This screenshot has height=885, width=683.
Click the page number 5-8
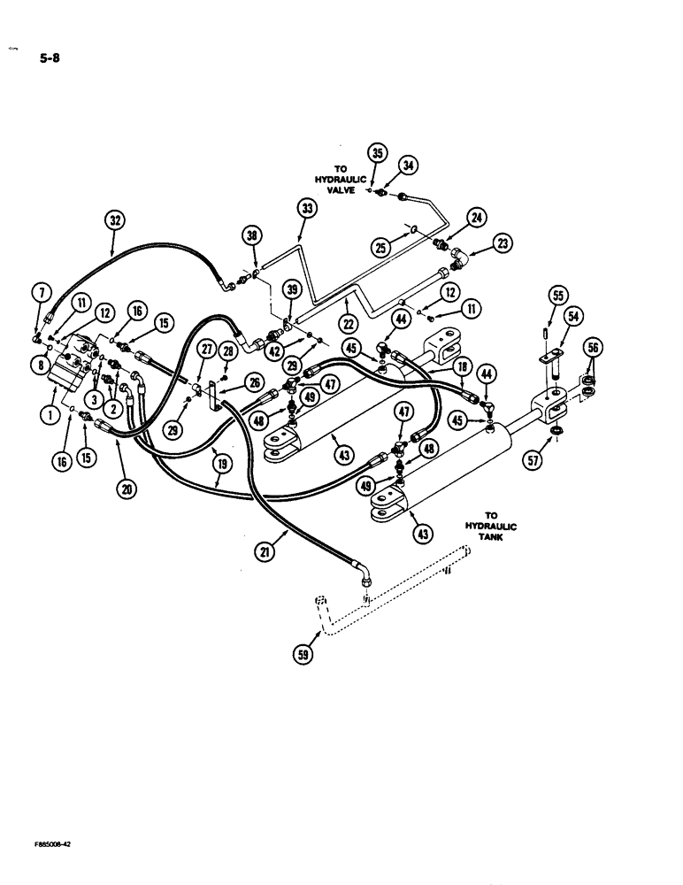pos(46,61)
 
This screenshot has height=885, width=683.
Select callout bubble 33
pos(307,209)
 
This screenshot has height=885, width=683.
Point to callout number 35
pos(378,152)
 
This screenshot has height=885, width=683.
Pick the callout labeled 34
pos(409,165)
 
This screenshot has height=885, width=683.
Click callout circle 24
pos(477,218)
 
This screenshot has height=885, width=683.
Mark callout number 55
pos(559,296)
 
